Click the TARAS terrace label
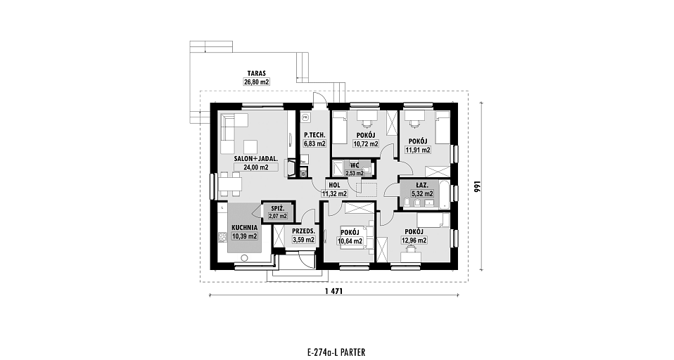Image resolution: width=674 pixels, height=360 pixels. click(x=257, y=73)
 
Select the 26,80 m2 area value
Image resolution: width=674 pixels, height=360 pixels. click(x=257, y=82)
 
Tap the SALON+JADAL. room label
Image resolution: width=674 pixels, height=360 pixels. click(x=256, y=158)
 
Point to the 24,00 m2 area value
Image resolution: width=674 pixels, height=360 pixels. click(x=256, y=167)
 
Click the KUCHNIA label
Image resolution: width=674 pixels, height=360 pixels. click(x=245, y=228)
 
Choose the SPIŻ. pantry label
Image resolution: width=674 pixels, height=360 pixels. click(x=277, y=208)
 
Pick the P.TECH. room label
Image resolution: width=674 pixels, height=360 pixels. click(x=315, y=135)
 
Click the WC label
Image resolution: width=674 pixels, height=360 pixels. click(x=355, y=165)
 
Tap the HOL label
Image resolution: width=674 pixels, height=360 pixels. click(x=334, y=185)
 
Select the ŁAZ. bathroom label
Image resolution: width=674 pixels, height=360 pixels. click(x=421, y=186)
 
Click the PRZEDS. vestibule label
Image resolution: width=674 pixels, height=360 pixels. click(x=303, y=231)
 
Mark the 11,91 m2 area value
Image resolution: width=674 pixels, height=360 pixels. click(x=418, y=150)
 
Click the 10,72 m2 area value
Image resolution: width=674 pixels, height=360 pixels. click(x=366, y=144)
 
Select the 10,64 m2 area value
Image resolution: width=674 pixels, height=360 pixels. click(x=350, y=241)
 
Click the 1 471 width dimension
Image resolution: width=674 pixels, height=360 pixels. click(x=333, y=291)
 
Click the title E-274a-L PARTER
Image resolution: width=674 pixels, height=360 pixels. click(x=336, y=353)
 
